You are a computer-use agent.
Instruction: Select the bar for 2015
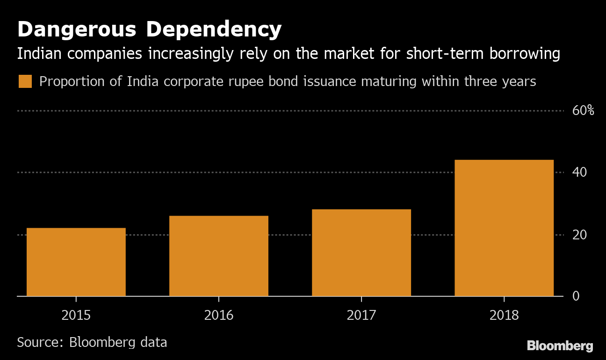click(76, 262)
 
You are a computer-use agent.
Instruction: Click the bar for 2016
click(219, 256)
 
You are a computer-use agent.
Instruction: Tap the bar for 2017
click(361, 252)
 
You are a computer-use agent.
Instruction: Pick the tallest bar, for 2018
click(504, 228)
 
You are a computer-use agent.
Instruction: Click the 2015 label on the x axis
click(76, 315)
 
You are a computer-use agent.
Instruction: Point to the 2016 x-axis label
click(219, 315)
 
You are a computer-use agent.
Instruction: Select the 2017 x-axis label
click(361, 315)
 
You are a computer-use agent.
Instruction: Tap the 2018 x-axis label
click(504, 315)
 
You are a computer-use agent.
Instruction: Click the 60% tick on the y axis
click(583, 111)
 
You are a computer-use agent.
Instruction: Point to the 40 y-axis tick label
click(580, 173)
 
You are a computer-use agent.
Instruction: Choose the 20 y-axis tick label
click(580, 235)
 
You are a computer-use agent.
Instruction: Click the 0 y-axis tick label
click(576, 296)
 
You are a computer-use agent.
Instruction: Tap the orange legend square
click(25, 81)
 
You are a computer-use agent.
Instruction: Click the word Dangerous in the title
click(77, 30)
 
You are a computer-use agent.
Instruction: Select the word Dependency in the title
click(214, 30)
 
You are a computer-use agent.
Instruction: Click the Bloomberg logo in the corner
click(560, 346)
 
